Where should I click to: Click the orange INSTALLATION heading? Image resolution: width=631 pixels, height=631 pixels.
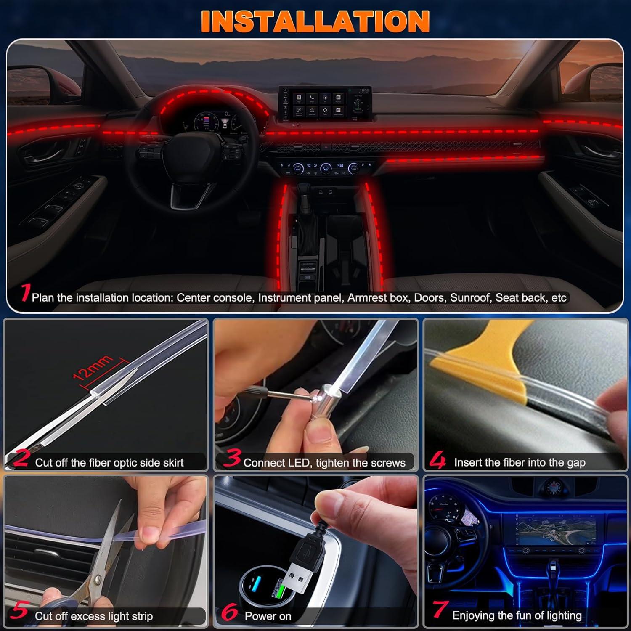pyautogui.click(x=315, y=21)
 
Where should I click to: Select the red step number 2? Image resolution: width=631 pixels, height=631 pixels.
pyautogui.click(x=21, y=458)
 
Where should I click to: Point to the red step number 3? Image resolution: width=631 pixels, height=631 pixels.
pyautogui.click(x=232, y=458)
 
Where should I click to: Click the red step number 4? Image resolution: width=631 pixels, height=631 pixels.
pyautogui.click(x=437, y=459)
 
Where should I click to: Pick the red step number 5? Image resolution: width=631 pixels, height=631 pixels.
pyautogui.click(x=19, y=611)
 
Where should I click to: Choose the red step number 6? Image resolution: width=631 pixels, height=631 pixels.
pyautogui.click(x=230, y=612)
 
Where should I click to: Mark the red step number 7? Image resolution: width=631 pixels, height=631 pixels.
pyautogui.click(x=440, y=610)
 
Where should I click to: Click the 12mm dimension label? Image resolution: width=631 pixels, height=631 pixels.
pyautogui.click(x=93, y=367)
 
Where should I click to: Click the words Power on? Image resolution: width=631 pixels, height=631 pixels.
pyautogui.click(x=268, y=616)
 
